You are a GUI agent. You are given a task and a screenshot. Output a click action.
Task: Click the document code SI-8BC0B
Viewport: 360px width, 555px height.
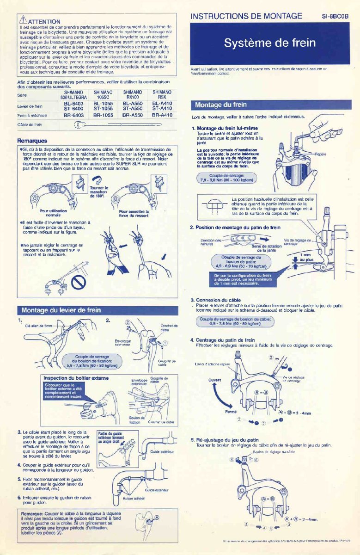point(335,17)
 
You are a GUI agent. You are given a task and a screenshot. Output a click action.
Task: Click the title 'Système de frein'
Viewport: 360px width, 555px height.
point(270,43)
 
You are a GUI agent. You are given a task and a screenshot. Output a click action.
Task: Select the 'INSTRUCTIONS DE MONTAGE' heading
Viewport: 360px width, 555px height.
point(246,16)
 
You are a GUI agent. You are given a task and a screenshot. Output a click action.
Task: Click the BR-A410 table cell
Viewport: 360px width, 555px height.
point(162,115)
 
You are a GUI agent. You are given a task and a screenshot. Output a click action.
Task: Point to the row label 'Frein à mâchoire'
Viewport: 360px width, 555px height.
point(30,115)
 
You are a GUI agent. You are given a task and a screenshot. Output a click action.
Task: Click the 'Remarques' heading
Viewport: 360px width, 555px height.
point(32,141)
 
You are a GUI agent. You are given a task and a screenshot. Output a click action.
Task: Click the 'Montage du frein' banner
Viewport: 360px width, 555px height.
point(221,105)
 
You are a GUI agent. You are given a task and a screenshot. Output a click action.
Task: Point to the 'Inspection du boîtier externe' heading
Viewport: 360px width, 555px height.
point(76,378)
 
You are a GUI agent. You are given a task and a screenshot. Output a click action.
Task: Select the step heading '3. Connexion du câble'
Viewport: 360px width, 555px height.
point(216,300)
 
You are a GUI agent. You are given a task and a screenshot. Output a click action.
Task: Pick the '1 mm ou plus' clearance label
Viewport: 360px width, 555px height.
point(305,257)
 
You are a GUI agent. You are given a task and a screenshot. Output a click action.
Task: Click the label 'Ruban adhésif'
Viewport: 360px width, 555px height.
point(134,499)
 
